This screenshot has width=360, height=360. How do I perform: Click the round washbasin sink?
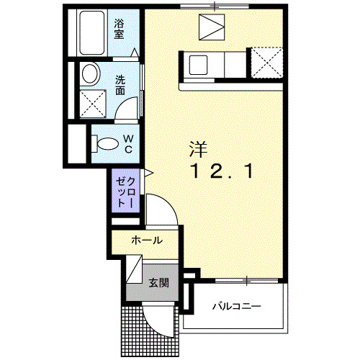[x=90, y=74]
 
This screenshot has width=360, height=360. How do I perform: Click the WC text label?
[x=127, y=143]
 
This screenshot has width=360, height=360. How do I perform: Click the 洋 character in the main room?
[x=198, y=150]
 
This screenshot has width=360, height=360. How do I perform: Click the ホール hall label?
[x=146, y=240]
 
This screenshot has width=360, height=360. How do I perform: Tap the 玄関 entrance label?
[x=159, y=282]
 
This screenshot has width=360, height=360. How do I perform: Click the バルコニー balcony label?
[x=236, y=307]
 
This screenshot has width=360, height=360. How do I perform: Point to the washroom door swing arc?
[x=128, y=108]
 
